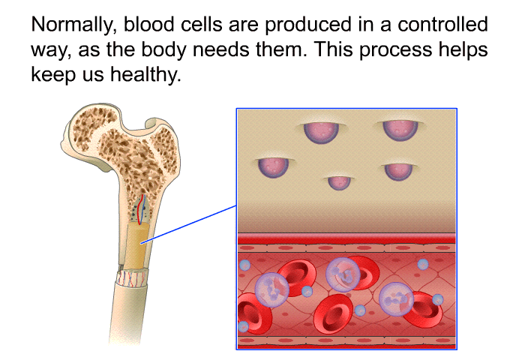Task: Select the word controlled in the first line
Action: click(x=442, y=24)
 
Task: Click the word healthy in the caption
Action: click(x=145, y=75)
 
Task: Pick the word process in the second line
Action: click(x=395, y=50)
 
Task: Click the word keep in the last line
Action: click(x=53, y=75)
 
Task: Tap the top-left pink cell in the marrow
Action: click(x=321, y=131)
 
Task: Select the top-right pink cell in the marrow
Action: click(x=400, y=130)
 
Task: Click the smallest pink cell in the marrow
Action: click(x=339, y=182)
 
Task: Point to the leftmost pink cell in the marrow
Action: click(x=273, y=167)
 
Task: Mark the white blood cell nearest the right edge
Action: click(x=397, y=299)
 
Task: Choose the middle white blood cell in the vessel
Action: click(x=343, y=274)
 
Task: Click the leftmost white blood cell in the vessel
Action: click(x=271, y=290)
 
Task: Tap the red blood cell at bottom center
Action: click(x=333, y=313)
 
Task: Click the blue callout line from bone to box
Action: click(x=189, y=224)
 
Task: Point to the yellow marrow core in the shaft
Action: click(x=136, y=246)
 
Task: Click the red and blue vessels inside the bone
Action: click(x=142, y=209)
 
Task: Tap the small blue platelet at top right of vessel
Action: click(x=423, y=264)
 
